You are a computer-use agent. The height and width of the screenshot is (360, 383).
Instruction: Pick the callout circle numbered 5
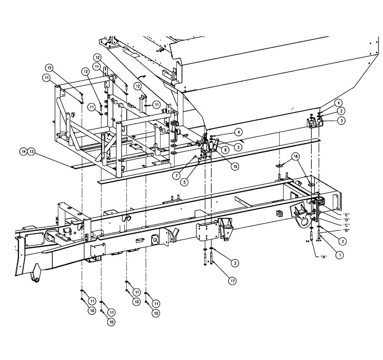point(185,182)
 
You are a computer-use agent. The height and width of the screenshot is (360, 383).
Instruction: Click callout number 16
point(295,157)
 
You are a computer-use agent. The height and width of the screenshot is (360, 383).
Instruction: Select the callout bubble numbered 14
point(24,152)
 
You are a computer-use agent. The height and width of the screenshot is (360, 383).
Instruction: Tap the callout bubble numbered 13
point(32,152)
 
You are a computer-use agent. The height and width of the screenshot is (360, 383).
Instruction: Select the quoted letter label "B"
point(347,230)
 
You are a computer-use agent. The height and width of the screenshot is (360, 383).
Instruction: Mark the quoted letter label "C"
point(347,225)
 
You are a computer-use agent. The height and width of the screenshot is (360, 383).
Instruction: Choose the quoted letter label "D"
point(347,219)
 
